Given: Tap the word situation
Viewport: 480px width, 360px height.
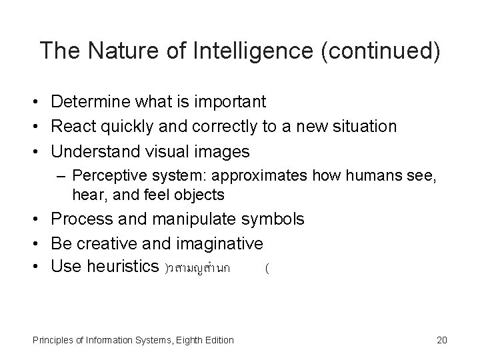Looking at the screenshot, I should click(360, 126).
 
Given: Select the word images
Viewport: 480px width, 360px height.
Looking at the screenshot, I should click(224, 151).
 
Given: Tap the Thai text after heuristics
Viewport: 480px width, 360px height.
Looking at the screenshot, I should click(200, 269).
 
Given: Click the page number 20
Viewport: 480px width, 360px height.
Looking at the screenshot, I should click(441, 340).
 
